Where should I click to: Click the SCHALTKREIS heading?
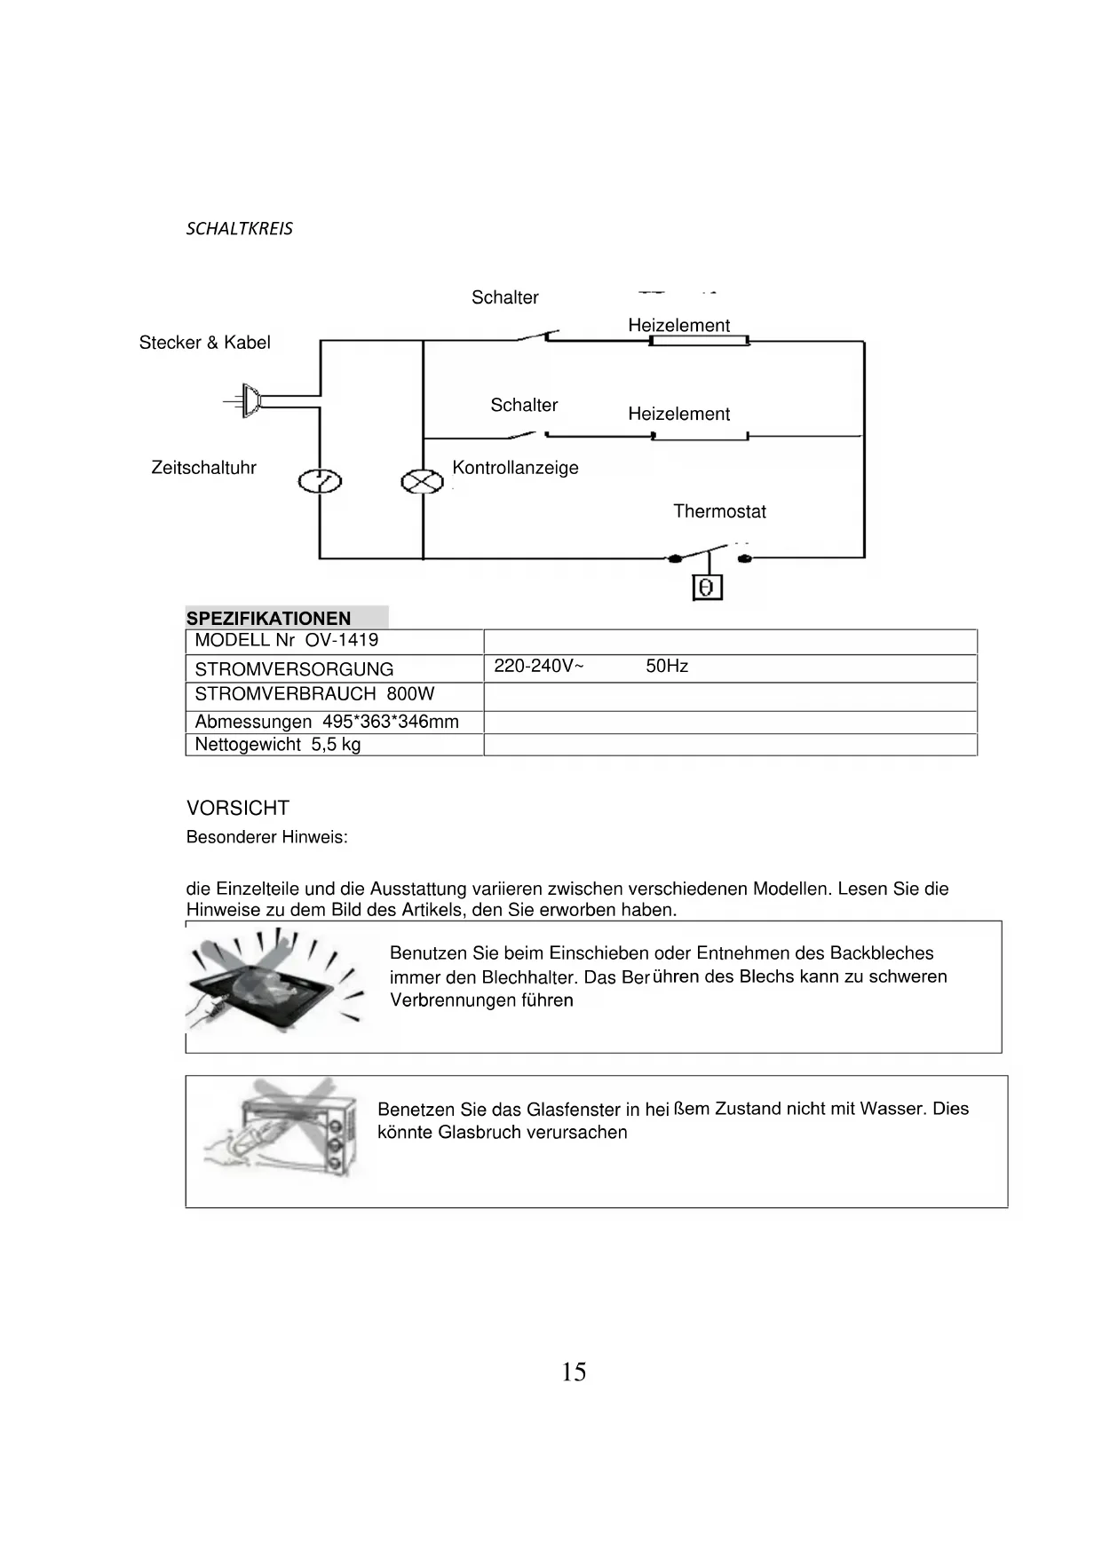(x=239, y=228)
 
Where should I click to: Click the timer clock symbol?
(x=320, y=482)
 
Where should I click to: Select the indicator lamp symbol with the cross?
(x=423, y=482)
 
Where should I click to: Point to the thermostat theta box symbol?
(x=707, y=588)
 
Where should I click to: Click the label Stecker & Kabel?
(x=204, y=343)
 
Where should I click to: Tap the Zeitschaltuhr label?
(x=203, y=468)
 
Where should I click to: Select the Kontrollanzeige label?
(x=515, y=468)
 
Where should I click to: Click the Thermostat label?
(x=719, y=511)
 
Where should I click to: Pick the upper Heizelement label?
(x=678, y=325)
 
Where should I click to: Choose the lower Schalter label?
(x=524, y=406)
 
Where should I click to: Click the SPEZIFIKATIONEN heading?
(x=268, y=619)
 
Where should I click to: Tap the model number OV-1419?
(x=341, y=640)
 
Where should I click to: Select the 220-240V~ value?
(x=538, y=667)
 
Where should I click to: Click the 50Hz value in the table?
(x=667, y=667)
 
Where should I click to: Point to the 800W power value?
(x=410, y=694)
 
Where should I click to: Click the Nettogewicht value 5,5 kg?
(x=336, y=745)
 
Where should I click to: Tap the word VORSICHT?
(x=238, y=809)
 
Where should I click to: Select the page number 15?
(x=574, y=1372)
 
